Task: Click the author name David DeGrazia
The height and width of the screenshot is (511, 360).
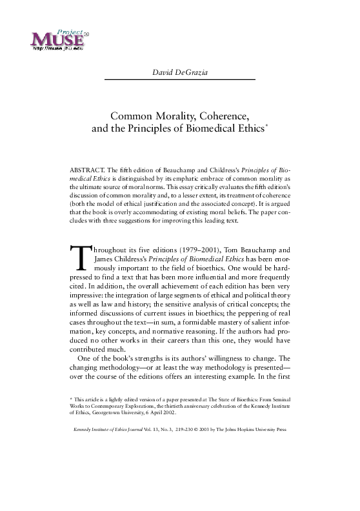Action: (179, 69)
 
